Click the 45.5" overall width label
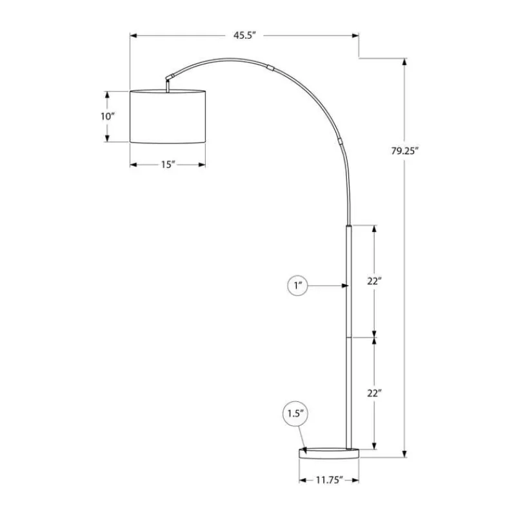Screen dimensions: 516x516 pyautogui.click(x=244, y=35)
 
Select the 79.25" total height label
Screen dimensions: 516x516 pyautogui.click(x=404, y=151)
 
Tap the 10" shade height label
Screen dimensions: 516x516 pyautogui.click(x=107, y=116)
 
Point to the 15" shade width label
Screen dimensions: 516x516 pyautogui.click(x=168, y=164)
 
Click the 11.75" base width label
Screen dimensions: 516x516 pyautogui.click(x=330, y=480)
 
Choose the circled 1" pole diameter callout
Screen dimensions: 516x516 pyautogui.click(x=297, y=286)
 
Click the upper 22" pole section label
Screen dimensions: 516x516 pyautogui.click(x=375, y=281)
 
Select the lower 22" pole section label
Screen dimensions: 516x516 pyautogui.click(x=375, y=393)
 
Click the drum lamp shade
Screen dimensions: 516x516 pyautogui.click(x=168, y=117)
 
